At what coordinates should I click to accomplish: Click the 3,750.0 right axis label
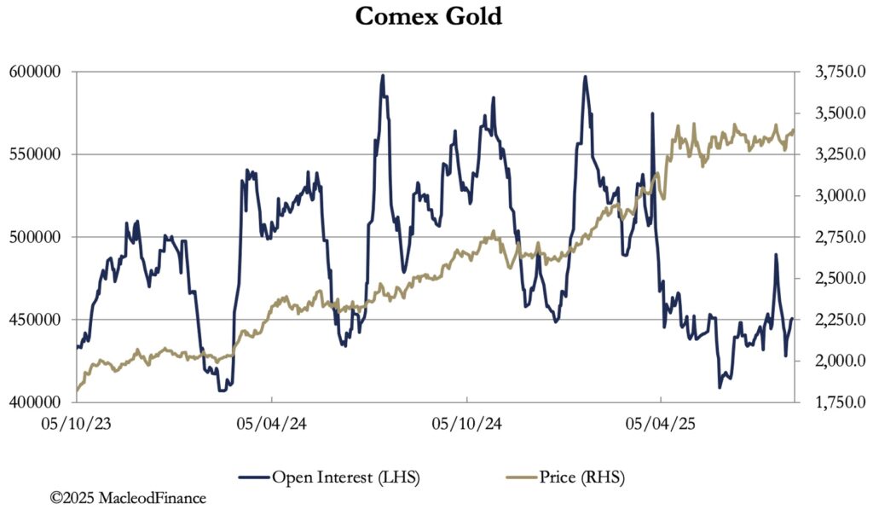[x=828, y=72]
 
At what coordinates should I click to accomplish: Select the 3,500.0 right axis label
[x=828, y=113]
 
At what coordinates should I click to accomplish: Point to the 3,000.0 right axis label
[x=828, y=196]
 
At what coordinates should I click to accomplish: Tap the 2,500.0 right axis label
[x=828, y=279]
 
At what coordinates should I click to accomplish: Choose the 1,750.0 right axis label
[x=828, y=402]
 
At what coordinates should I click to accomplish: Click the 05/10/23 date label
[x=77, y=422]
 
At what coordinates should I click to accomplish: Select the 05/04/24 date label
[x=271, y=422]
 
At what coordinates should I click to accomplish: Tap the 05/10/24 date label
[x=465, y=422]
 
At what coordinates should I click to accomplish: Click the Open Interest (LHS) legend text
[x=345, y=477]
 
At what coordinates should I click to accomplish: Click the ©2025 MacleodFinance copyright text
[x=128, y=496]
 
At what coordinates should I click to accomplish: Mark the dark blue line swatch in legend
[x=251, y=477]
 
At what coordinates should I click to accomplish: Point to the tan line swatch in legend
[x=519, y=477]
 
